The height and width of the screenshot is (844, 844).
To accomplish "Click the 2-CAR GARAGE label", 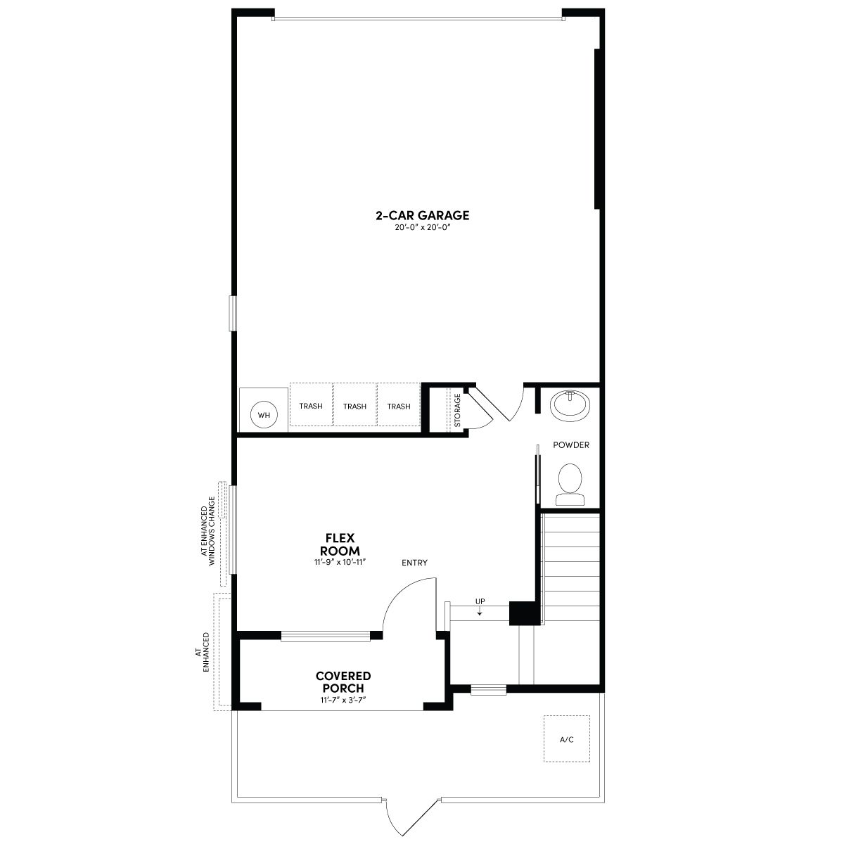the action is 422,215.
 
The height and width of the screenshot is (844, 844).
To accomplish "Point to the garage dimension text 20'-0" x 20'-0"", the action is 422,227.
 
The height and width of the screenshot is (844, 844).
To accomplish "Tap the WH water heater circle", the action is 264,415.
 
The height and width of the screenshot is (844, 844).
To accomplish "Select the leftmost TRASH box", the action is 311,404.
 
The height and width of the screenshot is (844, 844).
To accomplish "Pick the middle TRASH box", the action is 354,404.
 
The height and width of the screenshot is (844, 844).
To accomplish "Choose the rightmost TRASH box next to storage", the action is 399,404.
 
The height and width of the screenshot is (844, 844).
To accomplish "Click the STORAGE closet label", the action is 458,410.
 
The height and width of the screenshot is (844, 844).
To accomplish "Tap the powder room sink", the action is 570,405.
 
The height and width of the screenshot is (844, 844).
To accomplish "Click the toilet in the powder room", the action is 570,485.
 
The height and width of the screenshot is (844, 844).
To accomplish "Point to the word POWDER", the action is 570,445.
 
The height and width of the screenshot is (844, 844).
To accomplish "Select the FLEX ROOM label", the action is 340,544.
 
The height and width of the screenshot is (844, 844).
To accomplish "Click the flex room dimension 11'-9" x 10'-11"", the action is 340,562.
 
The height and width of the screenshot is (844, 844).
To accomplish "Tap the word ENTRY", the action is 414,563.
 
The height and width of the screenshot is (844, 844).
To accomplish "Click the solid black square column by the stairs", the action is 524,613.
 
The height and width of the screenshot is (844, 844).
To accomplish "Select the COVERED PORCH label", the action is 343,682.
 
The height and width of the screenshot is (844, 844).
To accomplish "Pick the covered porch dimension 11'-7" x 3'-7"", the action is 343,700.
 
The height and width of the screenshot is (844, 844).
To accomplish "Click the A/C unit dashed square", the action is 567,738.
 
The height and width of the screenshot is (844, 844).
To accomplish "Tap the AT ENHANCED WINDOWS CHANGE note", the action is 208,531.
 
